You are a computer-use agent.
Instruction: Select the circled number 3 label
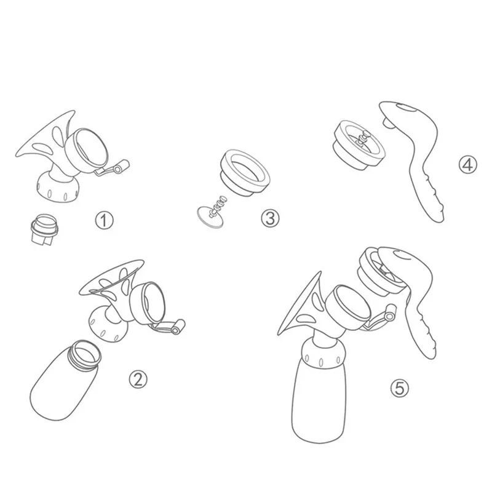(270, 218)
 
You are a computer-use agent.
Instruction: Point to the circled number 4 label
(467, 164)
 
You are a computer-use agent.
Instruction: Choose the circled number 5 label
(400, 388)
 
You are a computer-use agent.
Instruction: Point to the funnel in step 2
(114, 277)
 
